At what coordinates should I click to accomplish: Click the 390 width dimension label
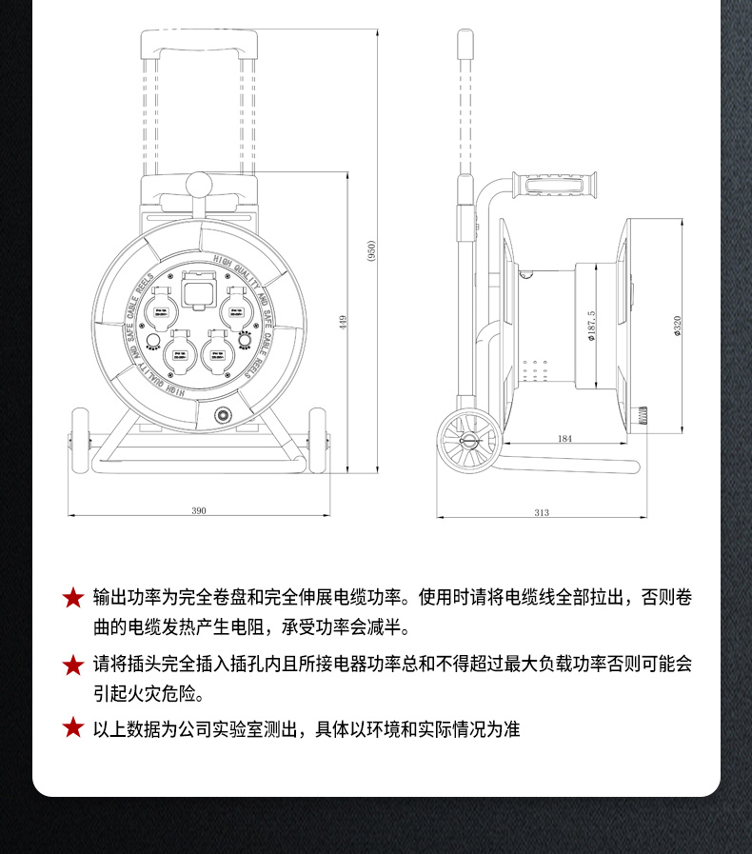pos(199,511)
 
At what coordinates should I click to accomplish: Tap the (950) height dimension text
pos(370,251)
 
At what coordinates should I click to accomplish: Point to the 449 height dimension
pos(342,323)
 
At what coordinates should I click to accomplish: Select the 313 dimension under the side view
pos(542,512)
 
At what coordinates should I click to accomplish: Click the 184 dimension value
pos(564,439)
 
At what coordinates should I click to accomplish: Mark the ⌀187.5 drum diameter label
pos(591,327)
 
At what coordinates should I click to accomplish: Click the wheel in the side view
pos(468,442)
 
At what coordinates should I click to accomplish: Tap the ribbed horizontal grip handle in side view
pos(555,185)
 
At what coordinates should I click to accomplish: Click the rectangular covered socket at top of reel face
pos(198,292)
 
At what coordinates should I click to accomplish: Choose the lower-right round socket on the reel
pos(214,357)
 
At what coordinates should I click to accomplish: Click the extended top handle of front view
pos(198,42)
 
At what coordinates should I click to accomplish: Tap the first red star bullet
pos(73,598)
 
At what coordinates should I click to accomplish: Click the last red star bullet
pos(73,728)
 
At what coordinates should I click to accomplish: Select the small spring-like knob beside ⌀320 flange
pos(643,415)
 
